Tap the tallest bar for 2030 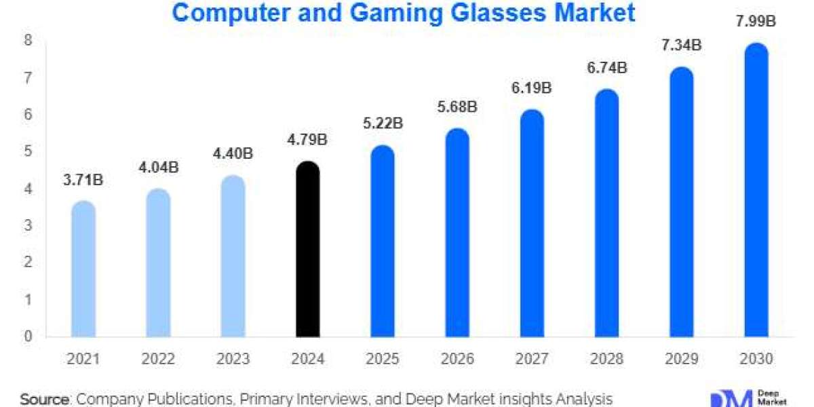(x=756, y=190)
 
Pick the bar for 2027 (x=532, y=224)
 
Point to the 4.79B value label (x=308, y=140)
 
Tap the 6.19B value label (x=532, y=89)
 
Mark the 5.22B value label (x=383, y=124)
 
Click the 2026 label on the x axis (x=457, y=359)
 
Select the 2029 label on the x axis (x=681, y=359)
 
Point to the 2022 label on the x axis (x=159, y=359)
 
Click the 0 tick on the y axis (x=28, y=336)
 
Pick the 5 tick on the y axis (x=28, y=153)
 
